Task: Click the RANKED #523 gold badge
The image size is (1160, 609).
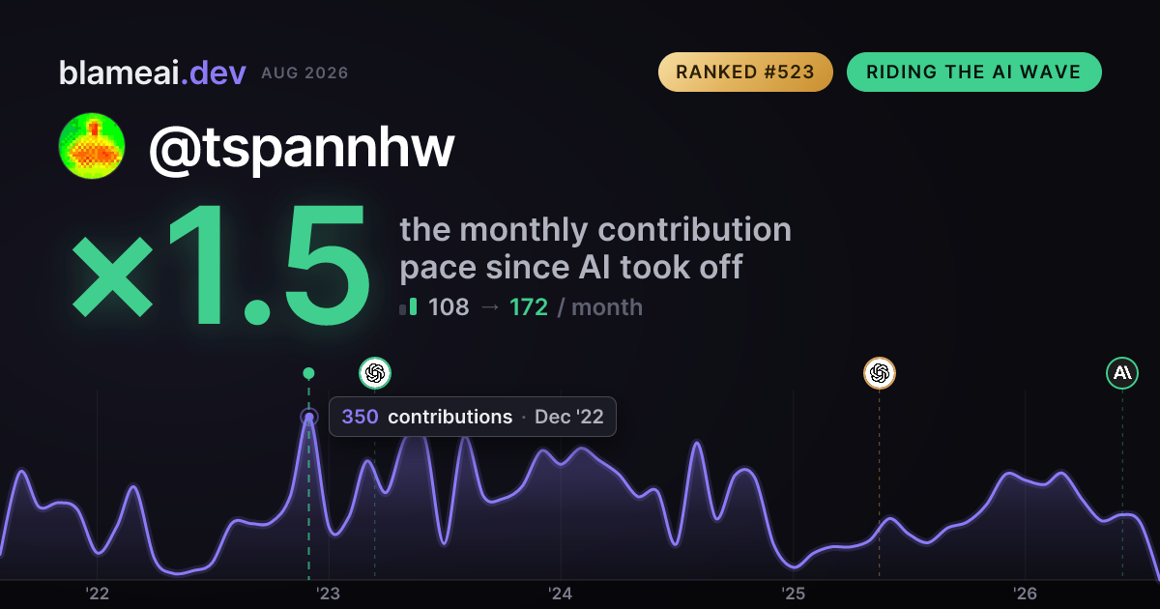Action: [x=745, y=72]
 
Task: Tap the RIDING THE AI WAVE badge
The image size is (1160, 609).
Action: [x=974, y=72]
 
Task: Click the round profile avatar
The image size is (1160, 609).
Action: [x=92, y=146]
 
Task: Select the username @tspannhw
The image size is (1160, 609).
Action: [x=302, y=148]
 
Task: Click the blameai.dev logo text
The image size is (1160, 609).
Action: [x=153, y=72]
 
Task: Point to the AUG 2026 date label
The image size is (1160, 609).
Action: [x=304, y=73]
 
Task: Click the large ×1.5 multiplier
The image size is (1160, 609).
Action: [x=221, y=265]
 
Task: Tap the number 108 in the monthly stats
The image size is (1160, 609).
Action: [x=449, y=307]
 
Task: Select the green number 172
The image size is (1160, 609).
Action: [x=528, y=307]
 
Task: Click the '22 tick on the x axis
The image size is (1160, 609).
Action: [x=97, y=594]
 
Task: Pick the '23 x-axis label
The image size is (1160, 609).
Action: [x=329, y=594]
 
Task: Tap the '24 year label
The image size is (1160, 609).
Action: [x=561, y=594]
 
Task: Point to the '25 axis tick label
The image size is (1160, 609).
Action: [x=793, y=594]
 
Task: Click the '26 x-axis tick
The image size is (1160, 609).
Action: [x=1025, y=594]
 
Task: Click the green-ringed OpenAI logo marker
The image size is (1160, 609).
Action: [x=375, y=373]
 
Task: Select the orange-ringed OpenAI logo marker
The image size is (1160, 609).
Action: [x=880, y=373]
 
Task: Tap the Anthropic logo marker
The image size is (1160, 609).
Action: [x=1122, y=373]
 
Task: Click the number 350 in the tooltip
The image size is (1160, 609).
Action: [x=360, y=417]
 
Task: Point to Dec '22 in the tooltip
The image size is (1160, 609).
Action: [x=569, y=417]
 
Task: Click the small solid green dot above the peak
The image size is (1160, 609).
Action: [x=308, y=373]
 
